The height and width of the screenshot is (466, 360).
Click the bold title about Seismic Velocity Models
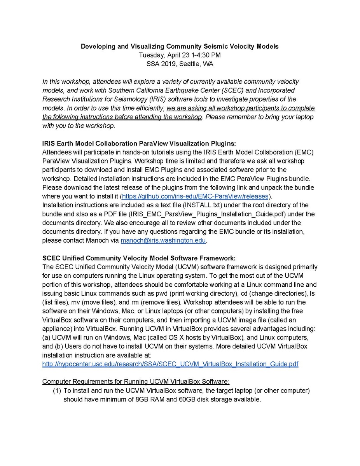pyautogui.click(x=180, y=46)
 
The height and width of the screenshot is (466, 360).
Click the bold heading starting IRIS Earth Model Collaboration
pyautogui.click(x=139, y=143)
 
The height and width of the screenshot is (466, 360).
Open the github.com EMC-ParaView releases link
pyautogui.click(x=195, y=196)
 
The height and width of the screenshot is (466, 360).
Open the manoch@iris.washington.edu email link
pyautogui.click(x=163, y=240)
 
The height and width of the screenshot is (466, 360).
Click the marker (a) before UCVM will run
pyautogui.click(x=46, y=337)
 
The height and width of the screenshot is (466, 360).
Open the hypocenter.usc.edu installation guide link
pyautogui.click(x=170, y=364)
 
